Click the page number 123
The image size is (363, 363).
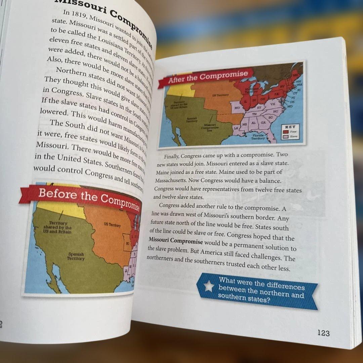[323, 333]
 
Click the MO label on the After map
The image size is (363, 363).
[237, 108]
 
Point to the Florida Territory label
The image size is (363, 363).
[258, 137]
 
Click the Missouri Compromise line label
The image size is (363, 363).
[210, 128]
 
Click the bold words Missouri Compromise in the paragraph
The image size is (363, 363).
[176, 241]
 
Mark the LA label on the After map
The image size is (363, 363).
[236, 128]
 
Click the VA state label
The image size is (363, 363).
[273, 105]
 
